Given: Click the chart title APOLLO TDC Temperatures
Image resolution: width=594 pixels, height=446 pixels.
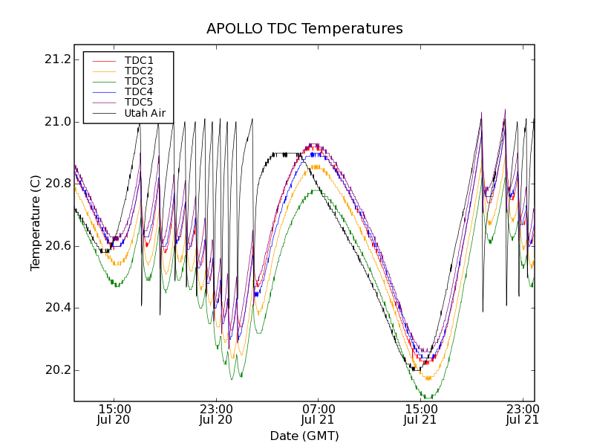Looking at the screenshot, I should pyautogui.click(x=304, y=29).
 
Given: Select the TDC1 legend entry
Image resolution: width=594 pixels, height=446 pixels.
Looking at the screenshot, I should pyautogui.click(x=139, y=61).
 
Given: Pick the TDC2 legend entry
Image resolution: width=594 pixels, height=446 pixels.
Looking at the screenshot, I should pyautogui.click(x=139, y=71).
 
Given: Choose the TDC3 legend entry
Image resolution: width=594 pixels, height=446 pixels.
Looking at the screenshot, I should pyautogui.click(x=139, y=82).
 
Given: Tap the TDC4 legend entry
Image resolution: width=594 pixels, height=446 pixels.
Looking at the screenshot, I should pyautogui.click(x=139, y=92).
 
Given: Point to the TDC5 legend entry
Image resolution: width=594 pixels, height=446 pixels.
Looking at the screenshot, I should pyautogui.click(x=139, y=103).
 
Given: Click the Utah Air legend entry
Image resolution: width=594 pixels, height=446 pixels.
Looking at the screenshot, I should pyautogui.click(x=144, y=113).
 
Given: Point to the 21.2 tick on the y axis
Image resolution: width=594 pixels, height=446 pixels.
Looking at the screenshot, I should pyautogui.click(x=56, y=59).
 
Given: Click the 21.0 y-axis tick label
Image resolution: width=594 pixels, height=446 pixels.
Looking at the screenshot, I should pyautogui.click(x=56, y=122).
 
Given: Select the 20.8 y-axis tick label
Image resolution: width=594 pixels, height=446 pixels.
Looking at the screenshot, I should pyautogui.click(x=56, y=184).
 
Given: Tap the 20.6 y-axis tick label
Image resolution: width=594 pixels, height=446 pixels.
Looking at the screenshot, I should pyautogui.click(x=56, y=246).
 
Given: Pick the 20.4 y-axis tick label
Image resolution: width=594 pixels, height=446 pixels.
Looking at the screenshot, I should pyautogui.click(x=56, y=308).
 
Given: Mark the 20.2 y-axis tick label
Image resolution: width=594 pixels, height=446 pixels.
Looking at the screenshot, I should pyautogui.click(x=56, y=370).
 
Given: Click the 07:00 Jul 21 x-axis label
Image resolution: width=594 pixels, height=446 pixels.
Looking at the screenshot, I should pyautogui.click(x=319, y=415).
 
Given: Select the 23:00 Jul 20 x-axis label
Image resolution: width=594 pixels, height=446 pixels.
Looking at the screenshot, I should pyautogui.click(x=216, y=415).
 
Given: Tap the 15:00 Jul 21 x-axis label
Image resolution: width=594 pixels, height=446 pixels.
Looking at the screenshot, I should pyautogui.click(x=421, y=415).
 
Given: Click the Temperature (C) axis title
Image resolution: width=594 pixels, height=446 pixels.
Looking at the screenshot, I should pyautogui.click(x=36, y=223).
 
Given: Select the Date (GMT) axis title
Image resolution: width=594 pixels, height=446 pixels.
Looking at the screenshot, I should pyautogui.click(x=304, y=436).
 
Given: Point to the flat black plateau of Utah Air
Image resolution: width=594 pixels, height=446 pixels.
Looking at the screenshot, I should pyautogui.click(x=286, y=155).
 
